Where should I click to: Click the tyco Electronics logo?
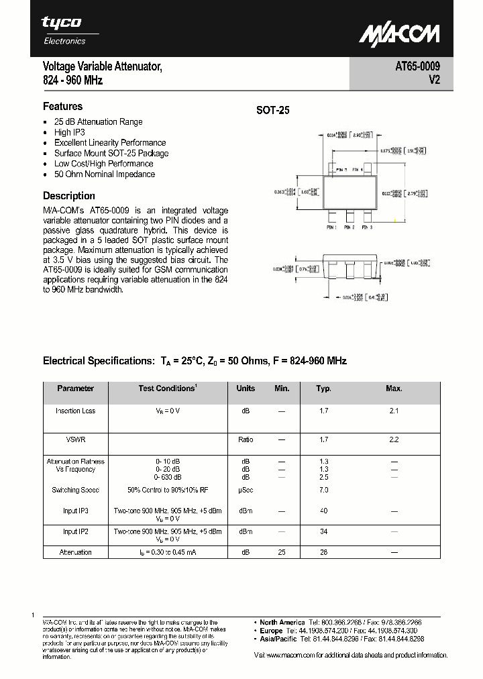pyautogui.click(x=64, y=30)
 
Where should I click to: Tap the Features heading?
pyautogui.click(x=62, y=106)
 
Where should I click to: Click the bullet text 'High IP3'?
pyautogui.click(x=69, y=132)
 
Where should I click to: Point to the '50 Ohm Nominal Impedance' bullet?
pyautogui.click(x=104, y=174)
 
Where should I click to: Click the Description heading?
pyautogui.click(x=68, y=196)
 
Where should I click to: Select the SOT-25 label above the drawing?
pyautogui.click(x=272, y=111)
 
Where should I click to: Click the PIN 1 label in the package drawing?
pyautogui.click(x=331, y=228)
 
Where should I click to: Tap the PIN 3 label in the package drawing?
pyautogui.click(x=366, y=228)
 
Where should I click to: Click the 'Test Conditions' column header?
pyautogui.click(x=168, y=388)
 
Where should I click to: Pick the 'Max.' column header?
pyautogui.click(x=394, y=388)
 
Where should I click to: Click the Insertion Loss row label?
pyautogui.click(x=75, y=411)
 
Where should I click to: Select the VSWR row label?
pyautogui.click(x=75, y=439)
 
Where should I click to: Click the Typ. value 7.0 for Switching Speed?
pyautogui.click(x=324, y=490)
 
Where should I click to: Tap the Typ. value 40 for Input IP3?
pyautogui.click(x=324, y=511)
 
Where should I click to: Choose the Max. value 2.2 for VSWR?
pyautogui.click(x=394, y=439)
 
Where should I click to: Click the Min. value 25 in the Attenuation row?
pyautogui.click(x=282, y=552)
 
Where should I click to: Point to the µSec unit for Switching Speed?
pyautogui.click(x=246, y=490)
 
